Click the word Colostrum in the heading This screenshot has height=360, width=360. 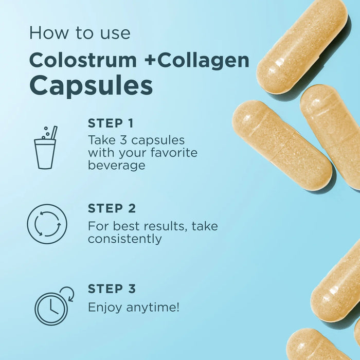(83, 60)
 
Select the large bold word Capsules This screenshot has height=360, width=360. (91, 85)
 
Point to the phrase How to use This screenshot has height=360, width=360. (80, 33)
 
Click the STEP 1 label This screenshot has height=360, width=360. (111, 123)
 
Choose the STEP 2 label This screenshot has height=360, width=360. (112, 208)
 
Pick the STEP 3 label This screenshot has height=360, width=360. (112, 289)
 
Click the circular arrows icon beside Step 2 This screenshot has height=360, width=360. (47, 224)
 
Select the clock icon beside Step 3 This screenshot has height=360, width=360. (51, 308)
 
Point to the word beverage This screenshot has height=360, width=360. (117, 166)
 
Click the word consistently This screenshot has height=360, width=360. (125, 239)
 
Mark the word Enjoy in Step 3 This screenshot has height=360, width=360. (103, 308)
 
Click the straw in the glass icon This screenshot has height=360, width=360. (53, 133)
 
